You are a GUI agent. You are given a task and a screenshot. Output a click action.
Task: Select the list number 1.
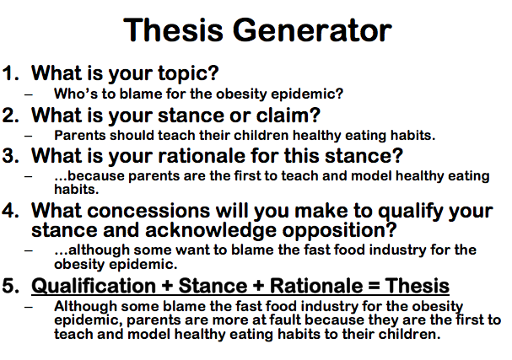[9, 73]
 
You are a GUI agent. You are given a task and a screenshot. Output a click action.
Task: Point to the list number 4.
[9, 202]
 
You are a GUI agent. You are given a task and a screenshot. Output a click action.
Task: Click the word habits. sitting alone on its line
[75, 188]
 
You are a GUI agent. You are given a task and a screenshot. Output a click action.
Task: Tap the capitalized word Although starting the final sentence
[84, 307]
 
